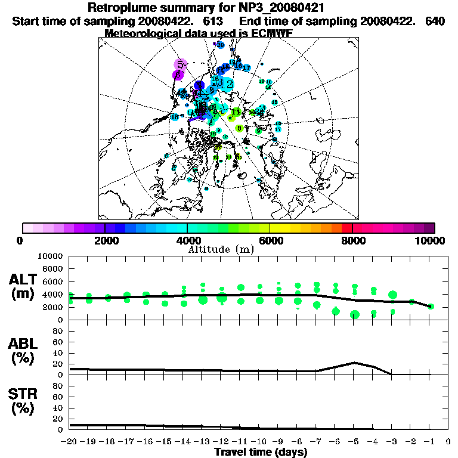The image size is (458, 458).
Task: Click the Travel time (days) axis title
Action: (x=261, y=452)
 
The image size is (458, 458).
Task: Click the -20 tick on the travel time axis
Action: (x=70, y=442)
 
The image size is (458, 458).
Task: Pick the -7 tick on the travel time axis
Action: (x=316, y=442)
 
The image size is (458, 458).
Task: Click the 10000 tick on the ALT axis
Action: (x=51, y=256)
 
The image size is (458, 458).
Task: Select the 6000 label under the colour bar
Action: (x=271, y=240)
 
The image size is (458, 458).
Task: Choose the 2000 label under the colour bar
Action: (x=105, y=240)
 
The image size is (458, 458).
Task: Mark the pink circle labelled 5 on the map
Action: (x=180, y=64)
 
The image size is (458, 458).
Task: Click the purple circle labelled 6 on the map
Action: (x=177, y=75)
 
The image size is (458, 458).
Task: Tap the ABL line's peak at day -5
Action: (x=354, y=363)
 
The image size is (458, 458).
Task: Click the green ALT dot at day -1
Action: (x=431, y=307)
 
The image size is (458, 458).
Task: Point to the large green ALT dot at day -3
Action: (x=392, y=295)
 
